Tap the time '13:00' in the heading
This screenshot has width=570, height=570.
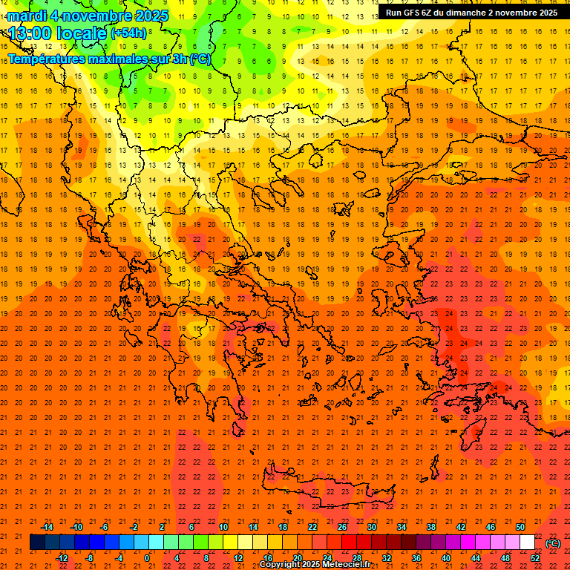30,33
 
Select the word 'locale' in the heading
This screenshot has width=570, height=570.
82,33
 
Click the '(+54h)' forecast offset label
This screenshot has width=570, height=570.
129,33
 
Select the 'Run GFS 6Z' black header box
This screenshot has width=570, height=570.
471,13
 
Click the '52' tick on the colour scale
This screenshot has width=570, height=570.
535,558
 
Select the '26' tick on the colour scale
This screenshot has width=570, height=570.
342,527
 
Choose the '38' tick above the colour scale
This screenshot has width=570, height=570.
431,527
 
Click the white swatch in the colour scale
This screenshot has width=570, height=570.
527,543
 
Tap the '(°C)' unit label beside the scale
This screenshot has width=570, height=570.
553,543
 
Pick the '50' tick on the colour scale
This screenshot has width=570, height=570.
520,527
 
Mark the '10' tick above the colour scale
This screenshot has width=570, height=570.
223,527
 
